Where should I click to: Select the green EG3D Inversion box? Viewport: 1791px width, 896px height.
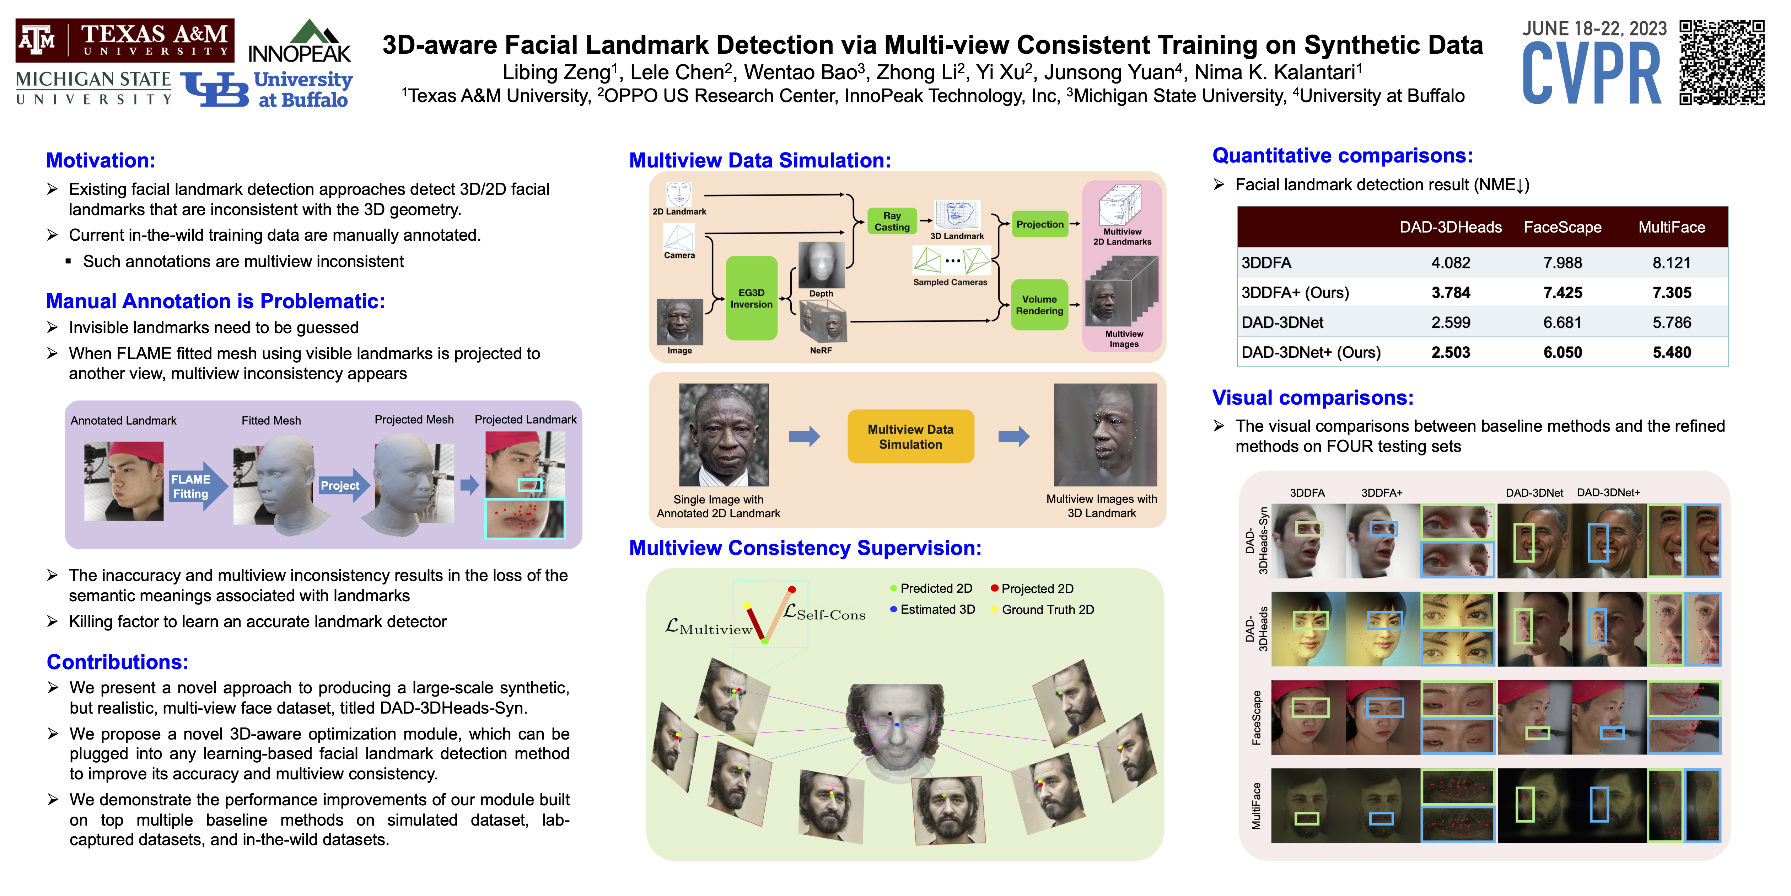(751, 298)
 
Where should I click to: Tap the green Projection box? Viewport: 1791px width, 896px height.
(1039, 224)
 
